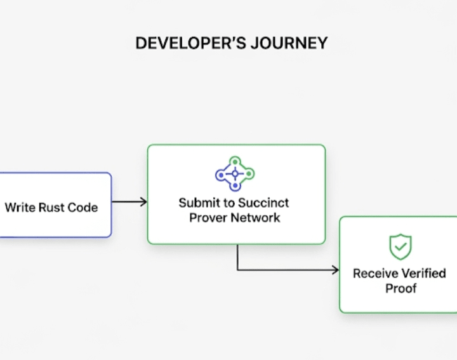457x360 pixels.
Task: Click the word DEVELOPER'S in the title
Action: [x=190, y=43]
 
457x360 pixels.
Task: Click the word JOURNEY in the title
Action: [x=289, y=43]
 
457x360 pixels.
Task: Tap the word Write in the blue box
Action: [x=20, y=208]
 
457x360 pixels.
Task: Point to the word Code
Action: [x=83, y=208]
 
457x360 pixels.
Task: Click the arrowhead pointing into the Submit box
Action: [x=143, y=202]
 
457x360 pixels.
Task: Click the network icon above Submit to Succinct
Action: [x=235, y=174]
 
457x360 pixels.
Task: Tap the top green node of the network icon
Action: [x=235, y=161]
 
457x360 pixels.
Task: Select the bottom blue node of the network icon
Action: [x=235, y=186]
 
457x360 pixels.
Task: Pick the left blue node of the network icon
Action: [x=221, y=175]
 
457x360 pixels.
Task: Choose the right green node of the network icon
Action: [x=249, y=174]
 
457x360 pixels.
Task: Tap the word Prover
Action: [x=206, y=218]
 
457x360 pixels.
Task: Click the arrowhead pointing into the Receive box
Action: [x=335, y=270]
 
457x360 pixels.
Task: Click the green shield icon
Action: [x=401, y=246]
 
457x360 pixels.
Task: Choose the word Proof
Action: [x=401, y=288]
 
